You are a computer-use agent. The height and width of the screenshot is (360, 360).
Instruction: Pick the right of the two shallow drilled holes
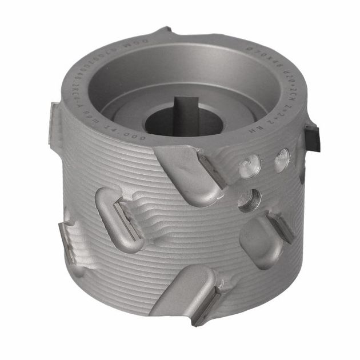tap(282, 161)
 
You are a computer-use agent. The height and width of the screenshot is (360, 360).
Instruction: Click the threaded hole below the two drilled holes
tap(250, 201)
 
